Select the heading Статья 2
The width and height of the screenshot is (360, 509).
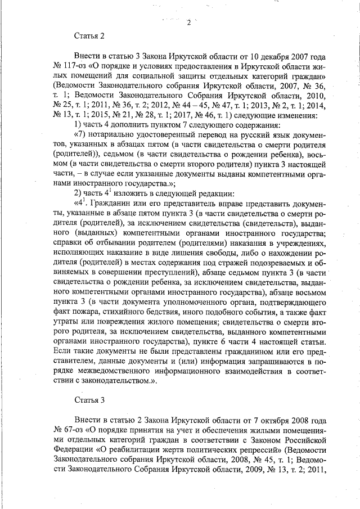coord(89,37)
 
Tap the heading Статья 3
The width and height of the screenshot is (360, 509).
coord(89,400)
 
